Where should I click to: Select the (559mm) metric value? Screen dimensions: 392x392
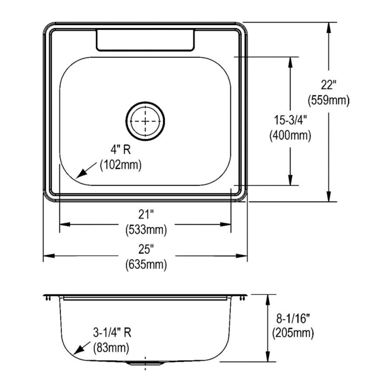328,100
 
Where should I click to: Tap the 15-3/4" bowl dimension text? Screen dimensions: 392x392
290,120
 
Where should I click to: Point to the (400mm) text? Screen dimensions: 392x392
290,135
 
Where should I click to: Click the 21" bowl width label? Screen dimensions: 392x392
146,214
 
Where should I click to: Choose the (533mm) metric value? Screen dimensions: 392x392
146,229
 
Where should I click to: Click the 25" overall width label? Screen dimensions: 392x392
146,249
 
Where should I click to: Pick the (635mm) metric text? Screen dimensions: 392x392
146,264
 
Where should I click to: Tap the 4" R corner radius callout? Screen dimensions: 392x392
121,150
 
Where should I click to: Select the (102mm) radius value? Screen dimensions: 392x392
121,165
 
